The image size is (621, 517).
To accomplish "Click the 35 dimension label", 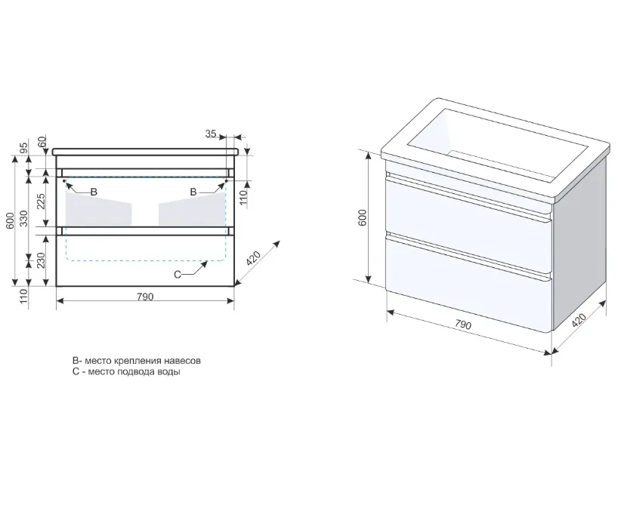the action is [211, 134].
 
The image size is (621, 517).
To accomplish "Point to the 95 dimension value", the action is [24, 148].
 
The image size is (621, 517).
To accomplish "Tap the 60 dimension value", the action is [42, 140].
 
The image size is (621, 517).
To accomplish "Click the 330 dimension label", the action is [24, 218].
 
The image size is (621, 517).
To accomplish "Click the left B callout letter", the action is [94, 192].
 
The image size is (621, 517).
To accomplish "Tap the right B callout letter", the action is [193, 192].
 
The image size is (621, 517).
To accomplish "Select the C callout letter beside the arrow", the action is [178, 275].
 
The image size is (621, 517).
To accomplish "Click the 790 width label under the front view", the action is [145, 297].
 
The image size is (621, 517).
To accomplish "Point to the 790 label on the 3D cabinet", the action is [462, 325].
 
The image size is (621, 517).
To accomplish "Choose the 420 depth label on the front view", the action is [254, 258].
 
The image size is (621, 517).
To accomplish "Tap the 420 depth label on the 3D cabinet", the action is [579, 319].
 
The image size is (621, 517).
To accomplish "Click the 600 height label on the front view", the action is [11, 220].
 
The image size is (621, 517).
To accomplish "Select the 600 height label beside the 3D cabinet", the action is [363, 217].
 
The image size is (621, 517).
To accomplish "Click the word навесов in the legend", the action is [183, 361].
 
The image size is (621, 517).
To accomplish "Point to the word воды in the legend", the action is [169, 372].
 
